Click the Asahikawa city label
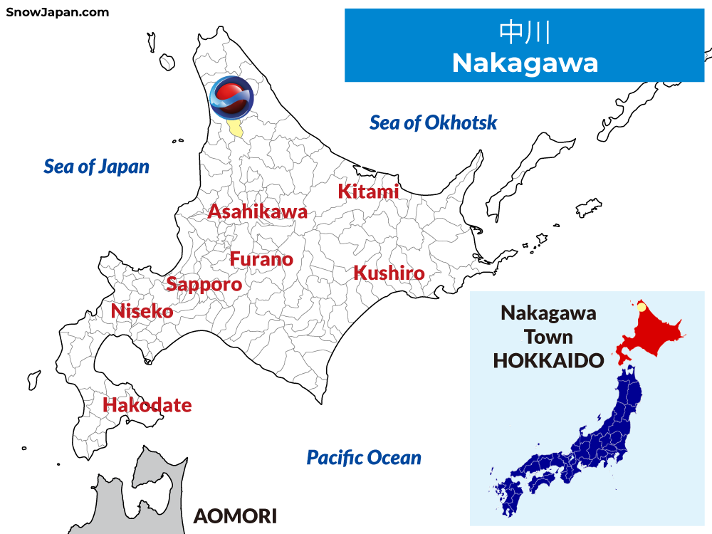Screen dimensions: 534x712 258,211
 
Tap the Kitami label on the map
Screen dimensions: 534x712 368,191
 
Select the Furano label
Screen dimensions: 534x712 261,259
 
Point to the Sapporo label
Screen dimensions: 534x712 204,285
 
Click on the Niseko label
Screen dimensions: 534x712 142,311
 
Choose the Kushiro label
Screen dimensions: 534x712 389,273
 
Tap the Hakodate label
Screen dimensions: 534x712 147,405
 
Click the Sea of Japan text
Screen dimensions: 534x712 97,167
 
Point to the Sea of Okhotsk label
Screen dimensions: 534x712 433,122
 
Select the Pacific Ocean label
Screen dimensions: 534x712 364,457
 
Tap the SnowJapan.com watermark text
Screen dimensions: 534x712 58,11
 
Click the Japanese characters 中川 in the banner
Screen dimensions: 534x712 525,33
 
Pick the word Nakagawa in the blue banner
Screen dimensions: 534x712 525,63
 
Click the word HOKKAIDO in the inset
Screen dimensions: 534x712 548,360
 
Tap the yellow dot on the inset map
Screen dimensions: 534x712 641,308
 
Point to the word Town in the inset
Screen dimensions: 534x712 548,336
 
